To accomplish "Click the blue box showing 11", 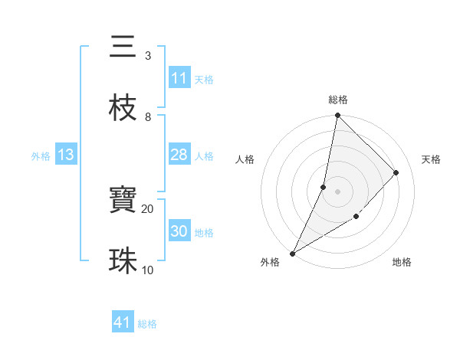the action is click(x=179, y=78).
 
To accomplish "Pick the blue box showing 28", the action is click(x=179, y=155).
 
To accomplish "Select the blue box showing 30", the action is click(x=179, y=231).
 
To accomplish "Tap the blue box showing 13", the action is click(x=66, y=155).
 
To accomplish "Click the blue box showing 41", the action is click(x=123, y=322).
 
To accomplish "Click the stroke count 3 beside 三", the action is click(x=147, y=55).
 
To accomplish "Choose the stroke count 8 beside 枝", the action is click(x=147, y=116).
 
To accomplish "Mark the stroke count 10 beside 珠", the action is click(x=147, y=270).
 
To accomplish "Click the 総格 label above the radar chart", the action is click(x=338, y=100).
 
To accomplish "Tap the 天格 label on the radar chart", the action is click(x=431, y=159).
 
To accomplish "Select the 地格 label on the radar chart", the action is click(x=402, y=262).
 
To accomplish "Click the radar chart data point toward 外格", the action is click(x=292, y=254).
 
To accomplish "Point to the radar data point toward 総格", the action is click(x=338, y=116).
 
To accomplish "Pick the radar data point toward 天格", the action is click(x=396, y=172).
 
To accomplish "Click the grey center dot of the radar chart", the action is click(x=338, y=191).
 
